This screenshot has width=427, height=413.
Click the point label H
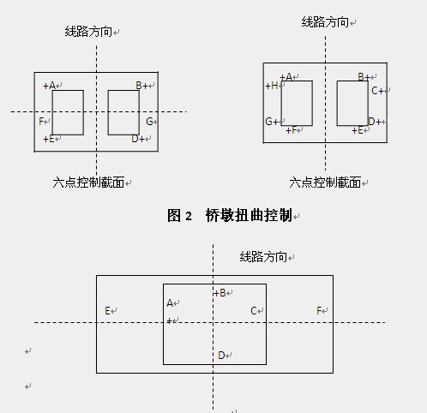272,86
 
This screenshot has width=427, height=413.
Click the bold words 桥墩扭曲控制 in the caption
249,215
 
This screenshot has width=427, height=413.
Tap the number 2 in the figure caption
189,216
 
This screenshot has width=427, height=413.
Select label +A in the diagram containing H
286,77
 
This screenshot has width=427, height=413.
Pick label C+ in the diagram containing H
377,91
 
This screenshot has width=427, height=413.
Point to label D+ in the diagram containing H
375,122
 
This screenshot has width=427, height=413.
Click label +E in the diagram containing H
358,130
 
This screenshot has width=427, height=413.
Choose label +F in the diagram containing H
292,130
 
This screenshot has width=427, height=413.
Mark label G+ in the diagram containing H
272,122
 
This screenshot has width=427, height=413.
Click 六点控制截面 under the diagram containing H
325,183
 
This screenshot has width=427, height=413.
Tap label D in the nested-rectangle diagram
221,356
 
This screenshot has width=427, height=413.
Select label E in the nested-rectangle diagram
107,310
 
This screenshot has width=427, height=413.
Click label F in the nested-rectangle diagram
319,310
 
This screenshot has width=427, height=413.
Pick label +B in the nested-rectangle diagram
220,293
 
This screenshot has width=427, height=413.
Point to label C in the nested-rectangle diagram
253,310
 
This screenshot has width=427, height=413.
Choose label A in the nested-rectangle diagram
170,302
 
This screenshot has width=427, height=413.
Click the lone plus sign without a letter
169,321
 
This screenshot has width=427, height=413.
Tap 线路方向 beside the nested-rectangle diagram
263,257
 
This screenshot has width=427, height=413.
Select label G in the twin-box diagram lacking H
149,122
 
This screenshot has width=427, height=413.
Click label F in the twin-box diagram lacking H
41,122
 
